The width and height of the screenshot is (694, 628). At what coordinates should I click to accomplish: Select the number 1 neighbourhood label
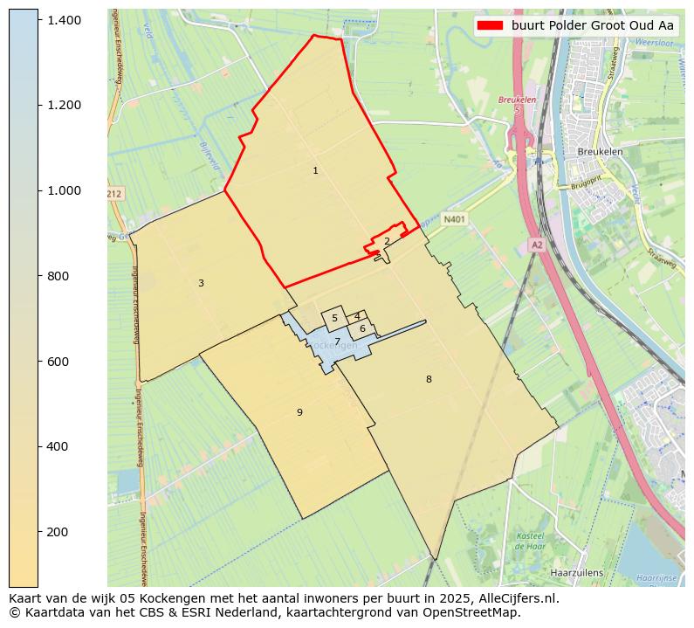[x=315, y=171]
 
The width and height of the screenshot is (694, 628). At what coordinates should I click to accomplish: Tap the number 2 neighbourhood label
[x=387, y=242]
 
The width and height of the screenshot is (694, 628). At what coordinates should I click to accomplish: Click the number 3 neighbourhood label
[x=201, y=283]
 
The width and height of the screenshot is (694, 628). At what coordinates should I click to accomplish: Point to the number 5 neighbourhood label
[x=334, y=319]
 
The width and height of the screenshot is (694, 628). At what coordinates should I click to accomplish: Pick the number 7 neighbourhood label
[x=337, y=342]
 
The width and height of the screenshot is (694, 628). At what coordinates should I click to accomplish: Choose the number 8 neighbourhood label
[x=429, y=379]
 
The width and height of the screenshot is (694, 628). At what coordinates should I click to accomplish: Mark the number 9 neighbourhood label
[x=299, y=412]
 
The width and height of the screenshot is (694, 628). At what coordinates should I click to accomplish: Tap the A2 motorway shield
[x=537, y=245]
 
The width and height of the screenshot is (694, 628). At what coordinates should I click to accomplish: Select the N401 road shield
[x=454, y=220]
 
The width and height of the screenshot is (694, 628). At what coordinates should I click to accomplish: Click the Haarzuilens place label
[x=577, y=573]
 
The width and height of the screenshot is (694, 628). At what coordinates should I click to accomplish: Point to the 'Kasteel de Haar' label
[x=530, y=541]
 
